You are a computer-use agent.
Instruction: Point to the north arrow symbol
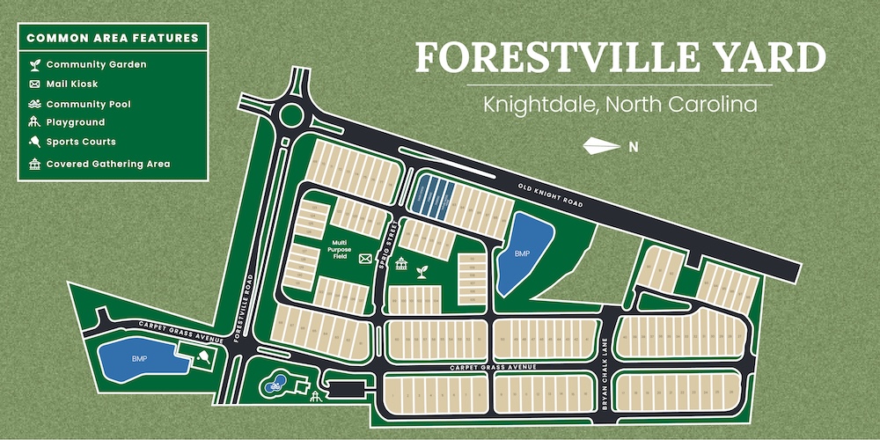point(603,146)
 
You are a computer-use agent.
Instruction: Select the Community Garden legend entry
point(96,65)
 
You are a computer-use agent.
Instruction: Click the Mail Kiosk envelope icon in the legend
point(34,84)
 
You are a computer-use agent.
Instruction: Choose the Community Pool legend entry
point(88,104)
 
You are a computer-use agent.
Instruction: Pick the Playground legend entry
point(75,122)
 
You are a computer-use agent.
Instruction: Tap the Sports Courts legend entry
point(80,142)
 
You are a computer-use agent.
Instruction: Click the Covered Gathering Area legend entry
point(107,164)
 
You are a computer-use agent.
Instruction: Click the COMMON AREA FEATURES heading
point(113,38)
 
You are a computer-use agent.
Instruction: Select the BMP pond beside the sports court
point(139,359)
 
